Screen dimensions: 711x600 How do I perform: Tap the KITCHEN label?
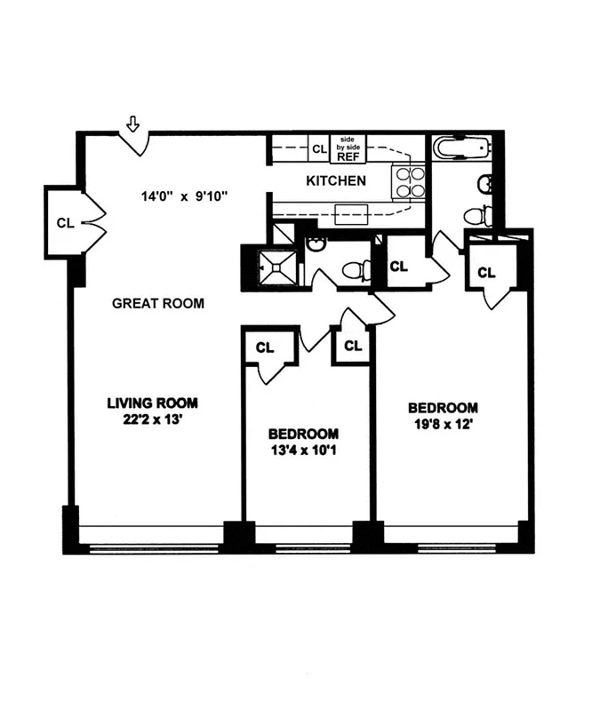coord(335,180)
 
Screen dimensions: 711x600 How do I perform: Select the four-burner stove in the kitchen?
coord(409,182)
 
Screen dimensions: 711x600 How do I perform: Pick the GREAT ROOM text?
coord(158,303)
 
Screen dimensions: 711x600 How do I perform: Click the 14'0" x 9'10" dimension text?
coord(185,197)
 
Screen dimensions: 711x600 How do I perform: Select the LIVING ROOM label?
coord(152,402)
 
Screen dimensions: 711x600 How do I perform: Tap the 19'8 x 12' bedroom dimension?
coord(443,425)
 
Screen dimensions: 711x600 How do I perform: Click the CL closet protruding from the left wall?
coord(65,222)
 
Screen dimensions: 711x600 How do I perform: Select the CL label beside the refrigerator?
coord(318,148)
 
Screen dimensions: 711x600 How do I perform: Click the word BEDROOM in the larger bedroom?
coord(443,408)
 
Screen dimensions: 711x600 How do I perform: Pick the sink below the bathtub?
coord(484,185)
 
